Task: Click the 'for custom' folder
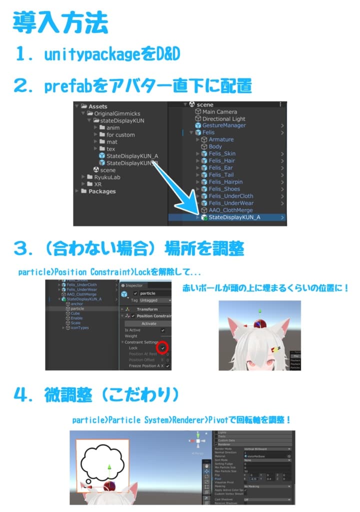(120, 134)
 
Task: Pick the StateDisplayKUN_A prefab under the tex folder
(131, 156)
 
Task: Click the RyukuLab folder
(107, 177)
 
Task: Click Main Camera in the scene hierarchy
(219, 112)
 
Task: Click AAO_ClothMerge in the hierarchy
(231, 210)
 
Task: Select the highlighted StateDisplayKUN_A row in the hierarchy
(233, 217)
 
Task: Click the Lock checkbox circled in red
(162, 347)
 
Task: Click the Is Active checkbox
(162, 330)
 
